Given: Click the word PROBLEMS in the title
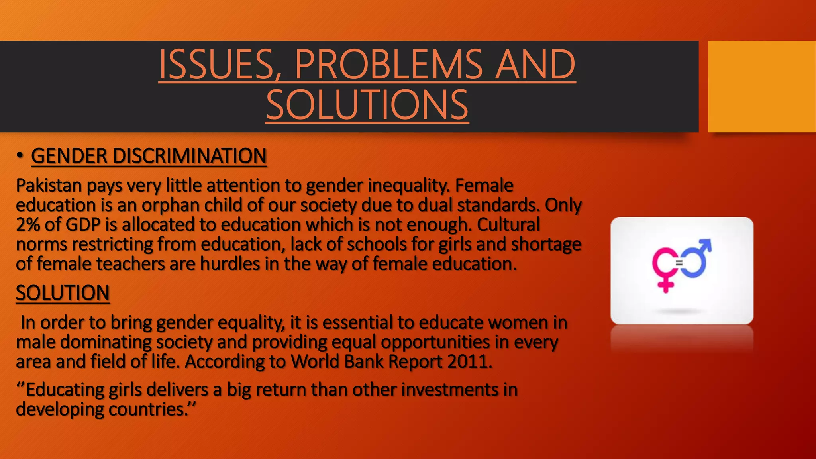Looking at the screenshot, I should [x=388, y=64].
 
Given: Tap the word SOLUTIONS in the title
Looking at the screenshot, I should [x=367, y=105].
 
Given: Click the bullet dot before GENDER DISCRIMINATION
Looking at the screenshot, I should [x=20, y=156].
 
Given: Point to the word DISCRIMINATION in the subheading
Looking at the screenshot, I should [x=190, y=156].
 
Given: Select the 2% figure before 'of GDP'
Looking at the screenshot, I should [x=28, y=225].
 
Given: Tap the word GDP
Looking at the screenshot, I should [x=83, y=225].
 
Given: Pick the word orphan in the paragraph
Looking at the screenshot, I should [x=171, y=205].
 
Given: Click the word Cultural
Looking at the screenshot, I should [x=508, y=225].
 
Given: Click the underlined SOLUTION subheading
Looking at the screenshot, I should [x=63, y=293].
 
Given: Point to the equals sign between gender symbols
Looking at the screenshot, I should [x=679, y=263].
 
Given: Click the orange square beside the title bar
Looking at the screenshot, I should [x=761, y=86].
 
